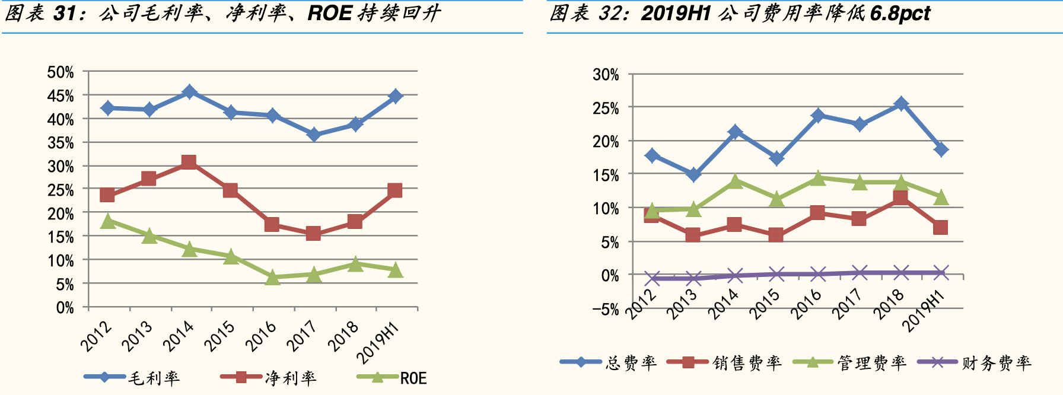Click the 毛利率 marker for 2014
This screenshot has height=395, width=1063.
pos(189,92)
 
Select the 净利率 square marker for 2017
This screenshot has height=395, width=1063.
pos(313,233)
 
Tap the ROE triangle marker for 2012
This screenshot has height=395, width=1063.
pos(108,221)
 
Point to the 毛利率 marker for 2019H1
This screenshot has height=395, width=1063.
pos(395,96)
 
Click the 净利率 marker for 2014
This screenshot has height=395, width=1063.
pos(189,162)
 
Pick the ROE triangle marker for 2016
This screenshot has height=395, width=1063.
pos(272,277)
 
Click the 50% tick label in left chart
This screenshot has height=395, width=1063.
pos(61,72)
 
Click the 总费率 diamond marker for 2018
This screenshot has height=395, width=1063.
pos(901,104)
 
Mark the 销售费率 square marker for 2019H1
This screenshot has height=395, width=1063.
pos(940,227)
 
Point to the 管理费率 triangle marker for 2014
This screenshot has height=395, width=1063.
pos(735,181)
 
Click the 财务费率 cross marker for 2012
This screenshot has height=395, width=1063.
pos(653,278)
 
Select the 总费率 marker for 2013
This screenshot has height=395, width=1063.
pos(693,174)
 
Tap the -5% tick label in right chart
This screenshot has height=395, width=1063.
pos(605,309)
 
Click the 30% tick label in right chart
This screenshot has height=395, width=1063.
pos(606,75)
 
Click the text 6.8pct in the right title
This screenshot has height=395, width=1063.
pos(900,13)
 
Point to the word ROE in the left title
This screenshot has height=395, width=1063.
pos(330,13)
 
